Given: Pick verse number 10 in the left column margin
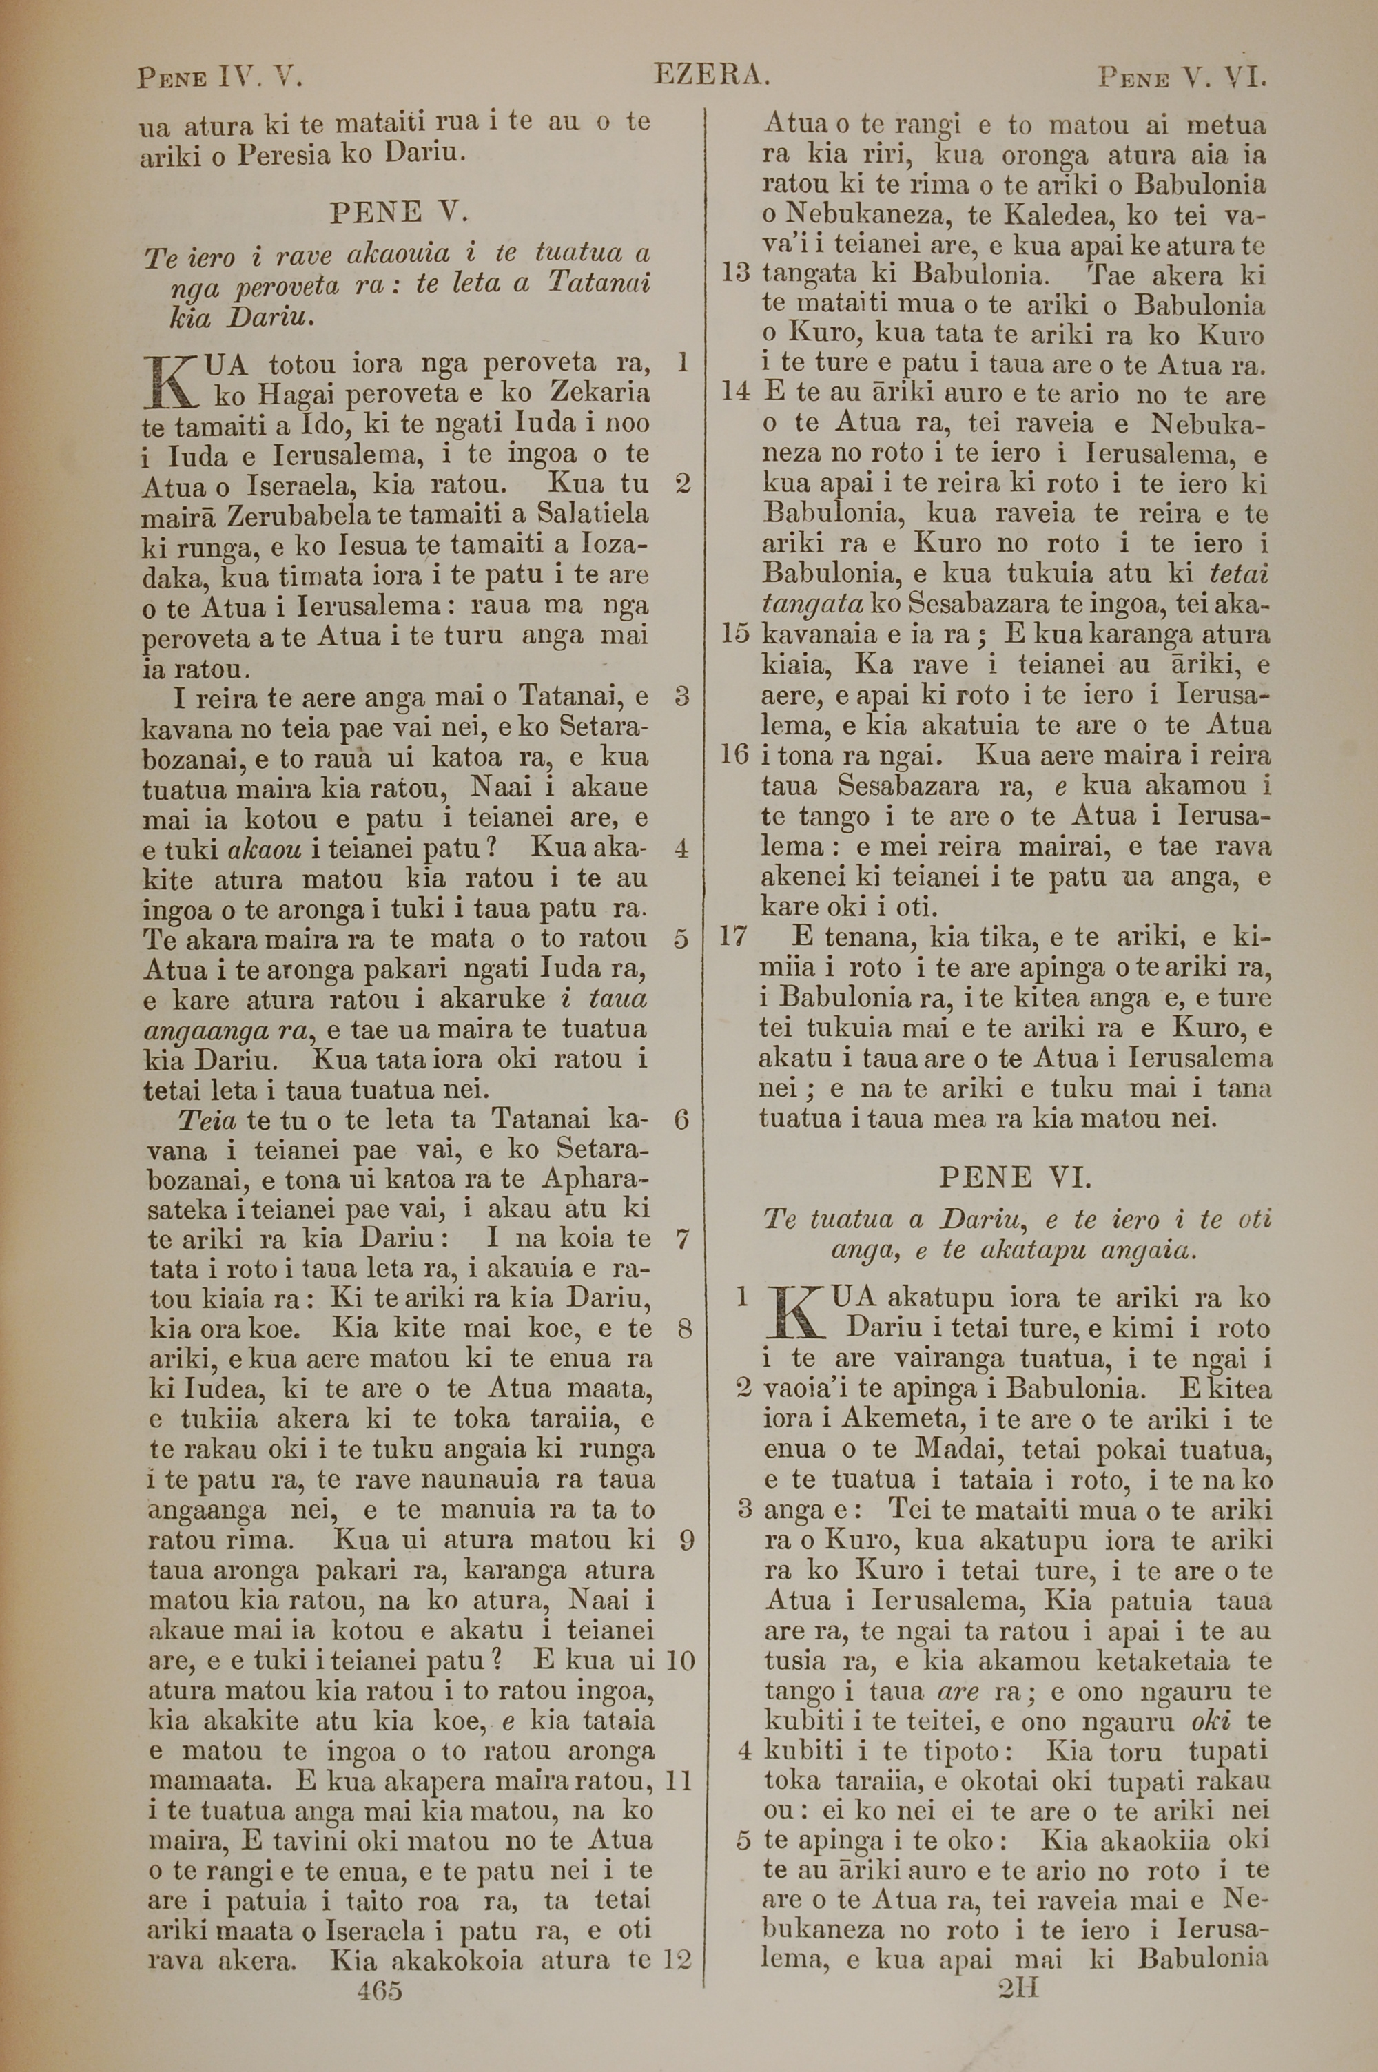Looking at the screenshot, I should click(679, 1661).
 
